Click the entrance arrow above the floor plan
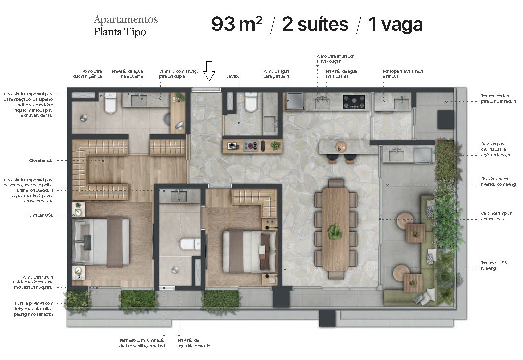[x=210, y=71]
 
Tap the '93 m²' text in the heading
[x=236, y=24]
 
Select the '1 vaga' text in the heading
[x=395, y=24]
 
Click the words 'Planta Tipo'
[x=120, y=32]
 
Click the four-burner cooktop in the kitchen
[x=354, y=102]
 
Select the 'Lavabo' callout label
[x=233, y=77]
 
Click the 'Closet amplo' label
[x=41, y=160]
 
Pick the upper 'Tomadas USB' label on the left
[x=42, y=215]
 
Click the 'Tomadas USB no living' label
[x=494, y=265]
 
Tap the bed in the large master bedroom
[x=101, y=242]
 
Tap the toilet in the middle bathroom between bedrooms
[x=189, y=244]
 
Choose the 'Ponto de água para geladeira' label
[x=276, y=74]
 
